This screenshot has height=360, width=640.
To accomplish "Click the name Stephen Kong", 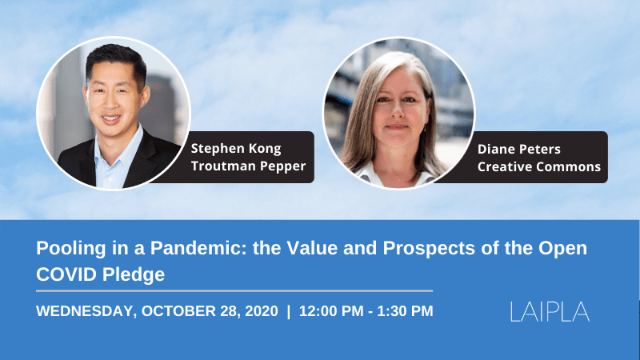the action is (x=236, y=149).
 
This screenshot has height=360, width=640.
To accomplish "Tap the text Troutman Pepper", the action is (x=248, y=166).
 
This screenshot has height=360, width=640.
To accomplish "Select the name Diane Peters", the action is (x=518, y=150).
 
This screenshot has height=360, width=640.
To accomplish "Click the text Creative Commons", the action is (x=538, y=166).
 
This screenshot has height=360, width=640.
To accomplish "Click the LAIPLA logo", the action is (x=550, y=311).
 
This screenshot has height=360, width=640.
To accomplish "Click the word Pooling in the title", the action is (x=71, y=249).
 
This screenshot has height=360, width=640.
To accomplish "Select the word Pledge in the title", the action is (x=134, y=274).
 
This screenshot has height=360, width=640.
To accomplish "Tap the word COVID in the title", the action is (x=66, y=274).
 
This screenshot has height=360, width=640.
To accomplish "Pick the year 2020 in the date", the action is (x=262, y=311).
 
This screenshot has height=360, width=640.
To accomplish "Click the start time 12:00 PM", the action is (x=331, y=311).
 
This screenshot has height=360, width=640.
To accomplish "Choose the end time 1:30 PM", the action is (x=405, y=311).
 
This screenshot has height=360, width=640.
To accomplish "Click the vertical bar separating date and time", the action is (x=289, y=311).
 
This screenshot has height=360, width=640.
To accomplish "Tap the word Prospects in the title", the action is (x=429, y=249).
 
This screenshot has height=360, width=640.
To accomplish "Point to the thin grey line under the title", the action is (x=234, y=291).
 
